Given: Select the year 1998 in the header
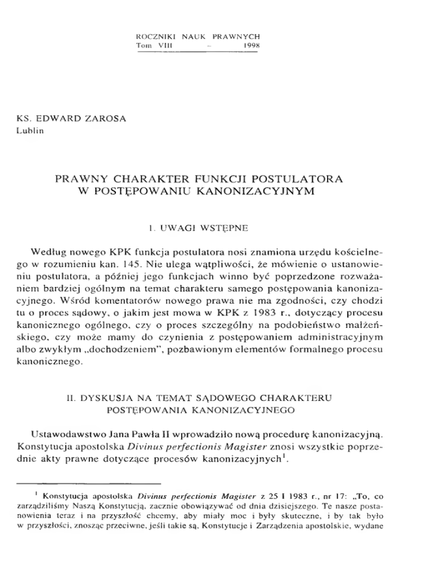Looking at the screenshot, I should (x=247, y=45).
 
